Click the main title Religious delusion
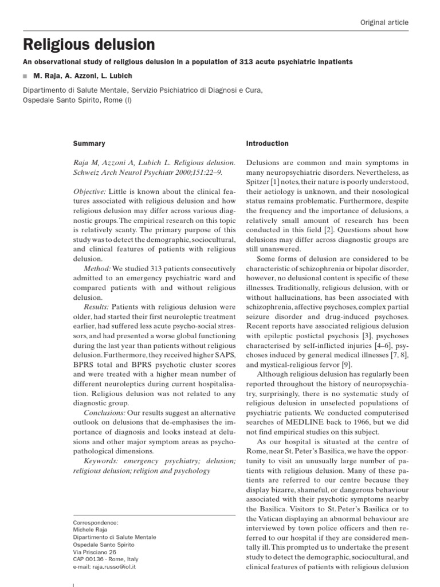point(89,44)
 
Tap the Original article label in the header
point(384,22)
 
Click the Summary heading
point(89,143)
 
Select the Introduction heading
point(267,143)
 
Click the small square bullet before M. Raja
point(26,77)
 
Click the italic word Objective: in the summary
point(92,190)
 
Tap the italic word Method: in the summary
point(97,268)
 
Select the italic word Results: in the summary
point(98,307)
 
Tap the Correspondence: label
point(96,523)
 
